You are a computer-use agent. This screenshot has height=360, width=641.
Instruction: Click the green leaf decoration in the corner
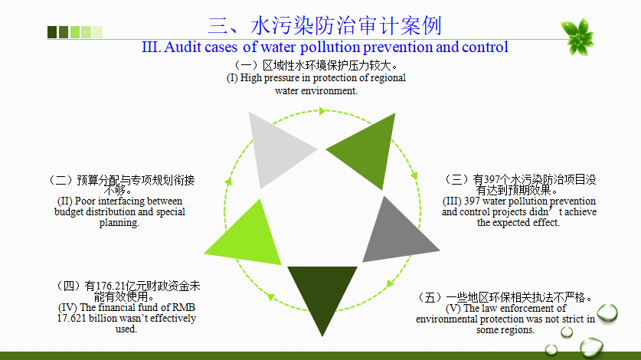pyautogui.click(x=577, y=37)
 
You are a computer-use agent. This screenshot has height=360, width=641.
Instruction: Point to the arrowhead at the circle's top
pyautogui.click(x=322, y=111)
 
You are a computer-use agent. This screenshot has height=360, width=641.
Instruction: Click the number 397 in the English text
pyautogui.click(x=472, y=201)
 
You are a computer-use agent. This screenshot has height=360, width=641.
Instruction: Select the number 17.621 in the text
pyautogui.click(x=71, y=319)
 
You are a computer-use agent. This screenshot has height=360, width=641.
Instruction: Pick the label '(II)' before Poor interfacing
pyautogui.click(x=65, y=201)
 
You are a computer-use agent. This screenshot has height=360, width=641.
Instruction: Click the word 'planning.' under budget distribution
pyautogui.click(x=119, y=223)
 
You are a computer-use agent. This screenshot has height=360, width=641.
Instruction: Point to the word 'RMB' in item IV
pyautogui.click(x=184, y=307)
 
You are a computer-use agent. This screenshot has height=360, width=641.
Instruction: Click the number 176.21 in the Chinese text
pyautogui.click(x=110, y=286)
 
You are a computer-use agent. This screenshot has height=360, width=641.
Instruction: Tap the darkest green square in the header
pyautogui.click(x=52, y=32)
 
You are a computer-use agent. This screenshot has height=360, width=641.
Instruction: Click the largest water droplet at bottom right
pyautogui.click(x=591, y=348)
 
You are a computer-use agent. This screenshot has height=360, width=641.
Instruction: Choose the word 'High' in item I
pyautogui.click(x=250, y=77)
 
